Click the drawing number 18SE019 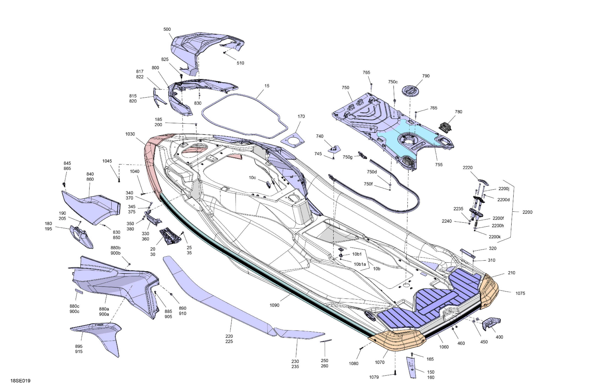tap(20, 381)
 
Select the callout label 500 tap(167, 29)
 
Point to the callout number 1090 tap(275, 305)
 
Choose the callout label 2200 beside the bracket tap(527, 212)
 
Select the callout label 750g tap(348, 157)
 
